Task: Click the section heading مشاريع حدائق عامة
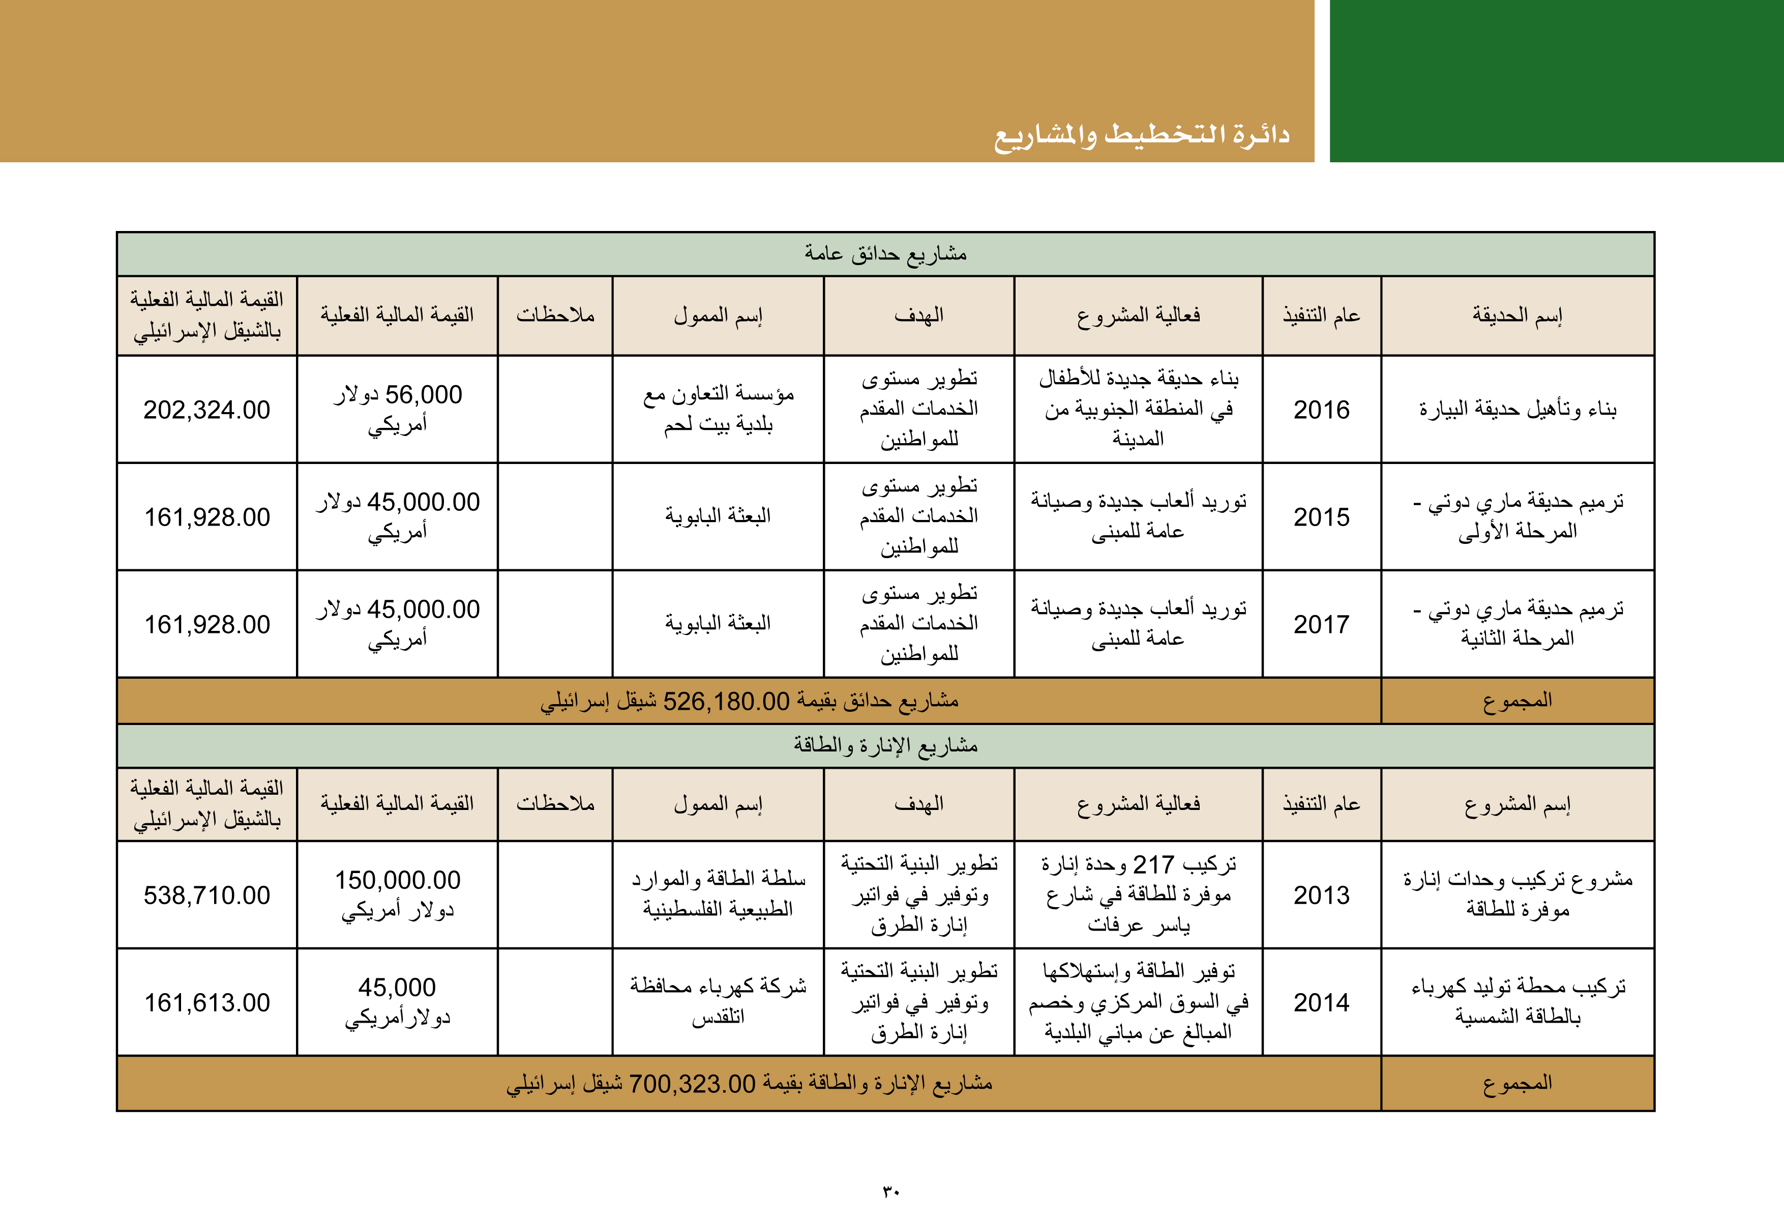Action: (885, 253)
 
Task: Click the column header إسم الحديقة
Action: (1517, 315)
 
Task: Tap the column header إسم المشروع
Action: (1517, 804)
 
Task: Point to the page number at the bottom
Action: (890, 1191)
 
